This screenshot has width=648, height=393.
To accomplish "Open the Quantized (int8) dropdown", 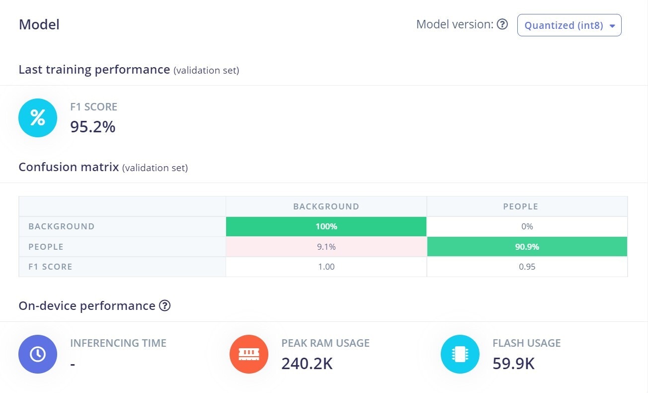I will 569,25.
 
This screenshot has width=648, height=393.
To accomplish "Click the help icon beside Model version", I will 502,24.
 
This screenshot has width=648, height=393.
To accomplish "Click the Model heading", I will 39,24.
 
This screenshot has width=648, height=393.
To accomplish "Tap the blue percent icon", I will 38,118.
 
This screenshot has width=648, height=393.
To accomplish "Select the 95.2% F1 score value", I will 93,127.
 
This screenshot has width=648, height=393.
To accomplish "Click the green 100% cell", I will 326,226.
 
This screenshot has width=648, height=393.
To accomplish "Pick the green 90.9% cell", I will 527,247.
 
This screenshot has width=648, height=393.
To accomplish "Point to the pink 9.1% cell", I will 326,247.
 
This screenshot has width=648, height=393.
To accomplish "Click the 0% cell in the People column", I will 527,226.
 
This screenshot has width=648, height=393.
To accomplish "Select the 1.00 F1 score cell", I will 326,267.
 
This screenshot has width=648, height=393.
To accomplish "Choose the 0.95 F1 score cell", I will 527,267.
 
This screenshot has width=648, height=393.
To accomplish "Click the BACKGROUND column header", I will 326,206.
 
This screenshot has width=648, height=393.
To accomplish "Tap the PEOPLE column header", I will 520,206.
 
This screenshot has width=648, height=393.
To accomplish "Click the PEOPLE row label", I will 46,247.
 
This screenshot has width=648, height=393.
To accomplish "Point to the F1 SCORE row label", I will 50,267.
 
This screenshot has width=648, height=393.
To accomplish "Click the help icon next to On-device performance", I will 164,305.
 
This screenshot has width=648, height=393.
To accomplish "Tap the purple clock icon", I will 38,354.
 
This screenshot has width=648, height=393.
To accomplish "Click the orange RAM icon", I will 249,354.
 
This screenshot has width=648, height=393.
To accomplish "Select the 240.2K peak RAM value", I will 307,364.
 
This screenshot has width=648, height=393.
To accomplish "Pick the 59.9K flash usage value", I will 513,364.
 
